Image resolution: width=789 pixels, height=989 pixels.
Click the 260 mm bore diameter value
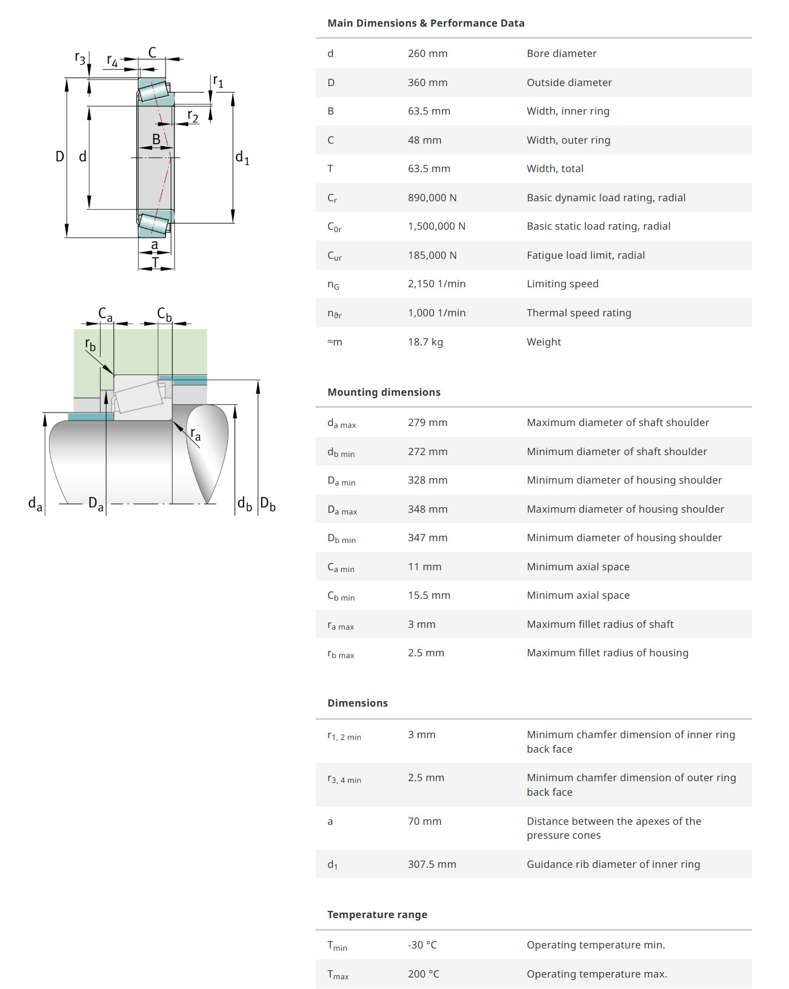click(x=427, y=53)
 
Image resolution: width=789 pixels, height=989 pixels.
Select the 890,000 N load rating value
click(x=432, y=198)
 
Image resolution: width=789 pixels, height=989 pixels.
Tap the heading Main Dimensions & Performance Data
click(x=425, y=23)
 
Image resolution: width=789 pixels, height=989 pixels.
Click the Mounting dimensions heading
click(x=384, y=392)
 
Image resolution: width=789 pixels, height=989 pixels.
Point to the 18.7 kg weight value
click(x=425, y=342)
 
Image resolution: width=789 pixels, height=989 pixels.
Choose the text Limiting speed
click(x=562, y=284)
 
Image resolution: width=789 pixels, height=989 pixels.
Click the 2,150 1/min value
click(x=436, y=284)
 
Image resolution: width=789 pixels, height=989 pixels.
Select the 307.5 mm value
click(x=431, y=864)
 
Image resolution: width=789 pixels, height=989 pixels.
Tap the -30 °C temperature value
click(x=422, y=945)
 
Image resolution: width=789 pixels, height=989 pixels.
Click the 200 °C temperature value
click(x=423, y=974)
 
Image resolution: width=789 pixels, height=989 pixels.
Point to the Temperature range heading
click(x=377, y=914)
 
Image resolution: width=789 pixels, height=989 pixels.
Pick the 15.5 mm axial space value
click(x=428, y=595)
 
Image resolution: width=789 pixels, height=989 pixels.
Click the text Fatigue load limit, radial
click(x=585, y=255)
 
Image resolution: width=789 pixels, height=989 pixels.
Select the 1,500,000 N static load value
click(x=436, y=226)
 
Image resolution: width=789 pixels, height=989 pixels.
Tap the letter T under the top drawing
click(x=155, y=262)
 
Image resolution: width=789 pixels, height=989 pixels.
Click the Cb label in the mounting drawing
click(x=164, y=314)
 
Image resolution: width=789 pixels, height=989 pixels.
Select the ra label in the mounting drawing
click(x=195, y=434)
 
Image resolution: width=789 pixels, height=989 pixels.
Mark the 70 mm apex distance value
click(x=424, y=821)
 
